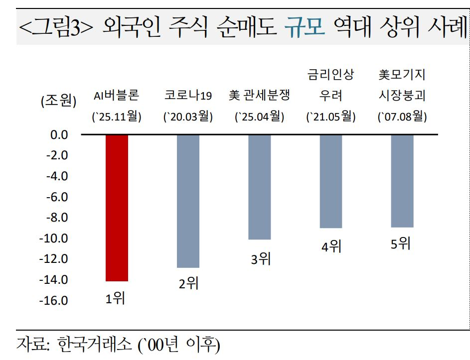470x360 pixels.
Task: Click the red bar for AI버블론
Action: pos(117,208)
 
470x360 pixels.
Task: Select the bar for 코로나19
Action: pos(188,201)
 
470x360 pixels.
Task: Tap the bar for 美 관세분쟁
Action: pos(260,187)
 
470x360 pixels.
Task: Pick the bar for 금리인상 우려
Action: pos(331,181)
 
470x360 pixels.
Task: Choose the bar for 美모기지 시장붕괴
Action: pos(402,181)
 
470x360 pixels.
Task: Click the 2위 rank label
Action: pos(188,284)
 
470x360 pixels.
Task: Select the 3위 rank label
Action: pos(260,258)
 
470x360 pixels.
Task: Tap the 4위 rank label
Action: pos(331,246)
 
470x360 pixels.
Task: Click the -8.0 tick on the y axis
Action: pos(57,218)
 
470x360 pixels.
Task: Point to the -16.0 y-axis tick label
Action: pos(54,301)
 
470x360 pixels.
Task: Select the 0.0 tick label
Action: pos(59,134)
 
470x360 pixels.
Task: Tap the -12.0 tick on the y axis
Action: pos(54,259)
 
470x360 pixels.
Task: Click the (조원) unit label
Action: pos(58,102)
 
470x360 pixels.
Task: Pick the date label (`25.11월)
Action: pos(117,118)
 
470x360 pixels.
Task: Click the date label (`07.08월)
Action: pos(402,118)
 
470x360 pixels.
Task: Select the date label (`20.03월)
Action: pos(188,118)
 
